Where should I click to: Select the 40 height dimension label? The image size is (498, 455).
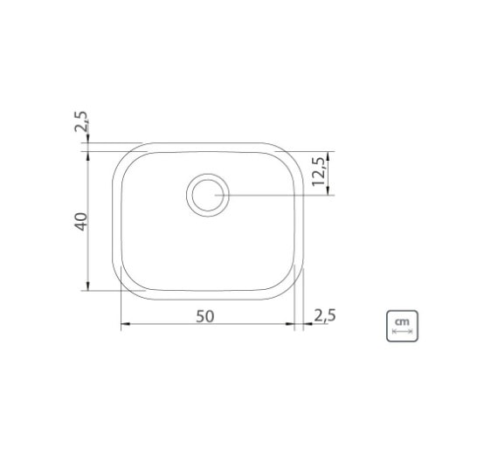tap(81, 221)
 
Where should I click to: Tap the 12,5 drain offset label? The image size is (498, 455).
tap(319, 173)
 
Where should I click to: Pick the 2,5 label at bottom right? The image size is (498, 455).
tap(324, 314)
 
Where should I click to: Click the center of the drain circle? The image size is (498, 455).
tap(208, 194)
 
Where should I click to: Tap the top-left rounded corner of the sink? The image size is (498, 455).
tap(125, 156)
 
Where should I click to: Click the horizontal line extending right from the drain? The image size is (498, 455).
tap(280, 195)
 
